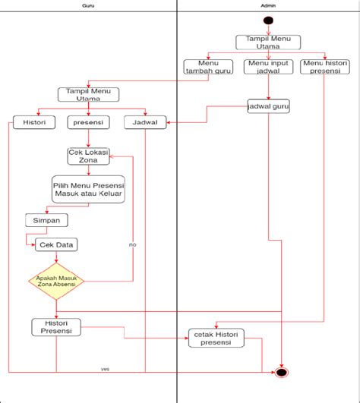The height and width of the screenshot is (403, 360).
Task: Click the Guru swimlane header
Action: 88,6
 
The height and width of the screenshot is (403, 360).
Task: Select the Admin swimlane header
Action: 267,6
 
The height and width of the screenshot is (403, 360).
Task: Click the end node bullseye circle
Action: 283,372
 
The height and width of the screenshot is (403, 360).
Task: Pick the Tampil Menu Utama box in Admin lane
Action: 267,43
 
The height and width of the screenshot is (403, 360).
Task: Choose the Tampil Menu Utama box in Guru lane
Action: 89,94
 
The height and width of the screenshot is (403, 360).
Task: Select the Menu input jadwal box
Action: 267,67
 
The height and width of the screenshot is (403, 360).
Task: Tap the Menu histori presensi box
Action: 325,67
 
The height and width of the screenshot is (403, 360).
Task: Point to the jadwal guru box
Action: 268,106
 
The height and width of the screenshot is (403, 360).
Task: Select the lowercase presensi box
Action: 88,121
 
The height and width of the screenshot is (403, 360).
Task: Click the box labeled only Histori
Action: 33,121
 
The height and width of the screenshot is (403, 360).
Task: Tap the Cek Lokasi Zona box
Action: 88,156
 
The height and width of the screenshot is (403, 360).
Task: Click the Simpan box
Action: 46,220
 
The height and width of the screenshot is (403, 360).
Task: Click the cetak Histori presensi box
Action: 216,338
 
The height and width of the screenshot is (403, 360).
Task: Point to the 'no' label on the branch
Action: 132,245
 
